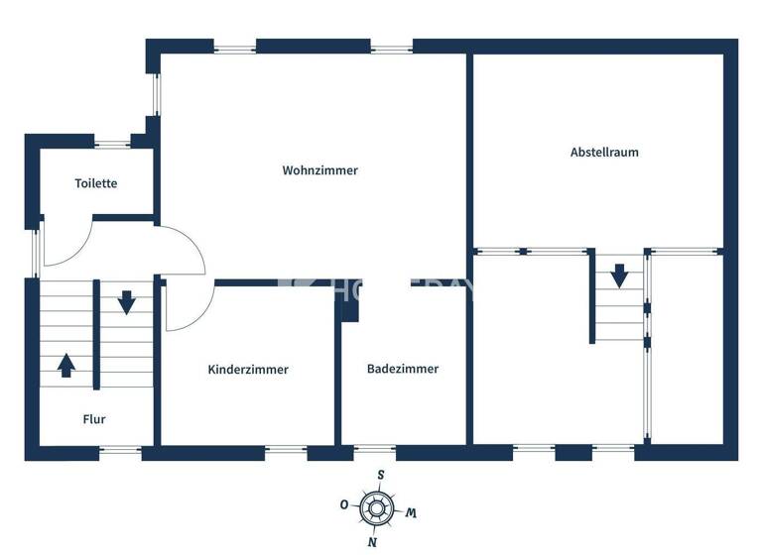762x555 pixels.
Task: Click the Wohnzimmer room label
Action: pos(319,170)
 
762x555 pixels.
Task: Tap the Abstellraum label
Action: pos(604,153)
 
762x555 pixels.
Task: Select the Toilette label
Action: pos(96,183)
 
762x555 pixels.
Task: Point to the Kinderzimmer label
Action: pos(248,370)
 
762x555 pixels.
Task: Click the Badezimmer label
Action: pos(403,369)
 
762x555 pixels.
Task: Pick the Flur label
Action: pos(94,419)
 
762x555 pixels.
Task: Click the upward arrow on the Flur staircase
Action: pos(65,365)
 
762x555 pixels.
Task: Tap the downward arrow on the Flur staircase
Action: pos(126,301)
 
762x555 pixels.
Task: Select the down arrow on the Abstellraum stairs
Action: pos(619,275)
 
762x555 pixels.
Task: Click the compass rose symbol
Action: pos(376,508)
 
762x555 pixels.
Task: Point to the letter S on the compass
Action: pos(380,474)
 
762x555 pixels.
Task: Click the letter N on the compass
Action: pos(372,542)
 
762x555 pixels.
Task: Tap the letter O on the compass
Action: pos(344,504)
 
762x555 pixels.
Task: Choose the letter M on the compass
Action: pos(410,512)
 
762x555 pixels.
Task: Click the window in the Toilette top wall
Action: pos(112,145)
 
